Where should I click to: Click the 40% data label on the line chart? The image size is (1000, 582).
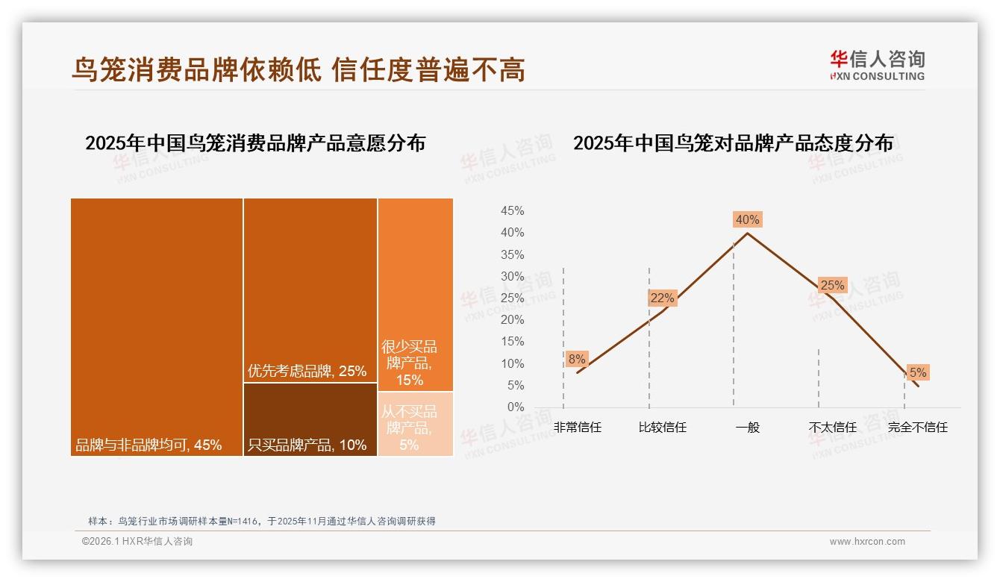[x=747, y=219]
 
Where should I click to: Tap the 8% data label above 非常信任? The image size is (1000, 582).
[x=577, y=359]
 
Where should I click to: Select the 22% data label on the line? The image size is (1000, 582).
[x=662, y=298]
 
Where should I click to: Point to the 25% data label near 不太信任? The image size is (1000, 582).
[x=832, y=285]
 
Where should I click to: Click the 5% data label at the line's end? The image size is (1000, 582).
[x=917, y=372]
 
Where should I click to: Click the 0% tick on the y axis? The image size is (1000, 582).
[x=516, y=407]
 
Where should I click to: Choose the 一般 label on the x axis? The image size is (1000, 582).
[x=747, y=428]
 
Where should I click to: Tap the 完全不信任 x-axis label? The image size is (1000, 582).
[x=917, y=428]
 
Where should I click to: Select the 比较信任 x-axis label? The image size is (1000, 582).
[x=662, y=428]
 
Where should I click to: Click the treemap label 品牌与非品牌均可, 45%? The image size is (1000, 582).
[x=149, y=445]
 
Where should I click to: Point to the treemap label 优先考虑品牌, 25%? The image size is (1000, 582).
[x=307, y=371]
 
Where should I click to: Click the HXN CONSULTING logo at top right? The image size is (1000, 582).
[x=878, y=66]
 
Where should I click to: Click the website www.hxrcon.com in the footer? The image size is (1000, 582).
[x=867, y=542]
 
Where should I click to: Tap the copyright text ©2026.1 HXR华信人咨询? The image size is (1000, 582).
[x=137, y=542]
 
